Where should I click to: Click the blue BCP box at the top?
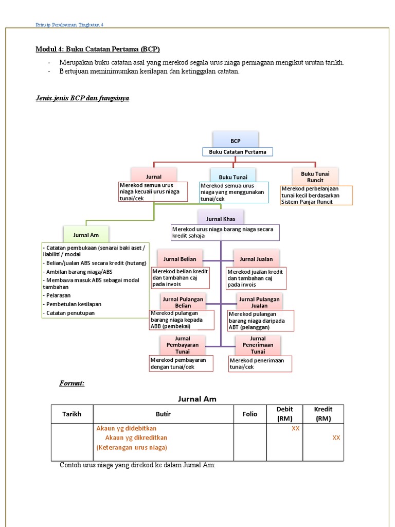236,140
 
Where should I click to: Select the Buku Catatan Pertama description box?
237,152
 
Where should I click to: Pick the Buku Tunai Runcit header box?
315,176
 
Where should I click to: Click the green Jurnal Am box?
86,234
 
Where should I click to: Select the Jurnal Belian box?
176,258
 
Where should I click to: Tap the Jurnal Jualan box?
256,258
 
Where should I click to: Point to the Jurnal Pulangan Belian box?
183,302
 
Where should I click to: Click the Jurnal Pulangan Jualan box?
259,302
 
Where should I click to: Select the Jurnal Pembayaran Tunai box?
175,344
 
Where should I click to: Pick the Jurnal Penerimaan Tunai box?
258,344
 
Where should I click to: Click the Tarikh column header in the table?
71,414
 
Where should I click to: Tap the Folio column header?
249,414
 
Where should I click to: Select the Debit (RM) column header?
284,414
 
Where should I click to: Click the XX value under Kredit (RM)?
336,437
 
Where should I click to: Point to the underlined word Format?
72,383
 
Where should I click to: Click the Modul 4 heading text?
98,49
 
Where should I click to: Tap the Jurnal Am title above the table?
197,398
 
